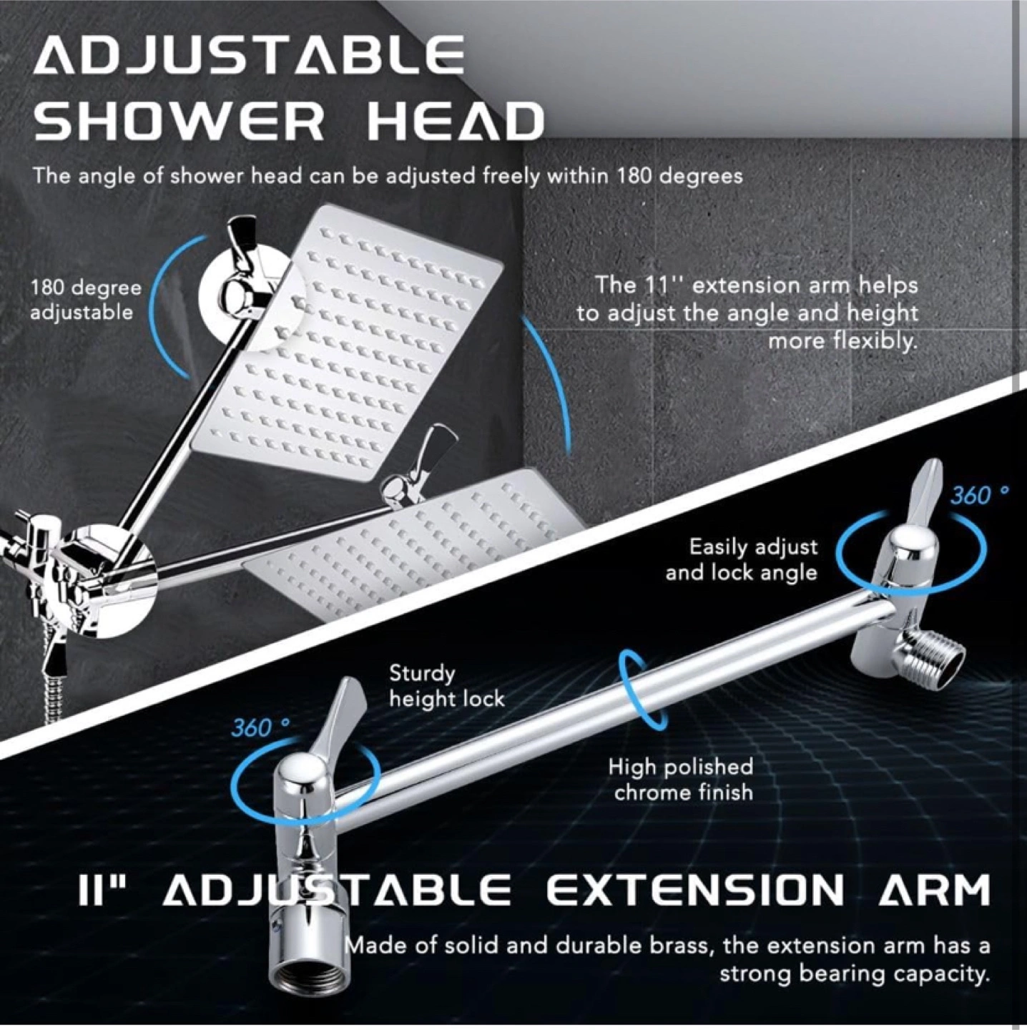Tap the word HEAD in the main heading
(454, 122)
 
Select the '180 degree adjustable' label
(86, 300)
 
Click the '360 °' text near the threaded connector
(979, 496)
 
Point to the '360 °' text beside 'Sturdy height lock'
(260, 727)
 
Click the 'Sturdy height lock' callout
(446, 686)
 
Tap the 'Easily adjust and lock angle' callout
(742, 559)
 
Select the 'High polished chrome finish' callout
(681, 780)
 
